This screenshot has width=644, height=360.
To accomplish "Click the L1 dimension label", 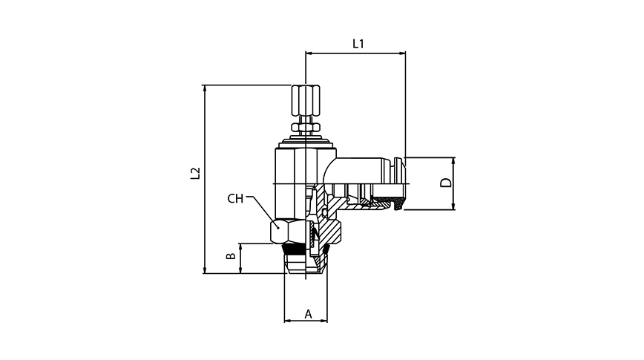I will click(358, 44).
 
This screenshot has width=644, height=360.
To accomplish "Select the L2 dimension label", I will click(195, 173).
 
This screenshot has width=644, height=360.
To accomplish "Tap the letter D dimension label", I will click(445, 183).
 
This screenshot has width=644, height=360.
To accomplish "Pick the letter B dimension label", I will click(231, 257).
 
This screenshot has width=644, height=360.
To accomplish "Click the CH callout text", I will click(235, 198).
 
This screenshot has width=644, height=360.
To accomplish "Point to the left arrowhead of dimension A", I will click(288, 321).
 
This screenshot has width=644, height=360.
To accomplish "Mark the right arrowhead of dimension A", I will click(324, 321).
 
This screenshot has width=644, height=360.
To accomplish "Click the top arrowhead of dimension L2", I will click(204, 88).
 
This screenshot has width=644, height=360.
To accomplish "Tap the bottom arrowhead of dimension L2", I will click(204, 271).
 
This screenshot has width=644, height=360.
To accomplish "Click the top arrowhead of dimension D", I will click(453, 160).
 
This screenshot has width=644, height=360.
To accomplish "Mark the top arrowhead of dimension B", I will click(240, 246).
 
